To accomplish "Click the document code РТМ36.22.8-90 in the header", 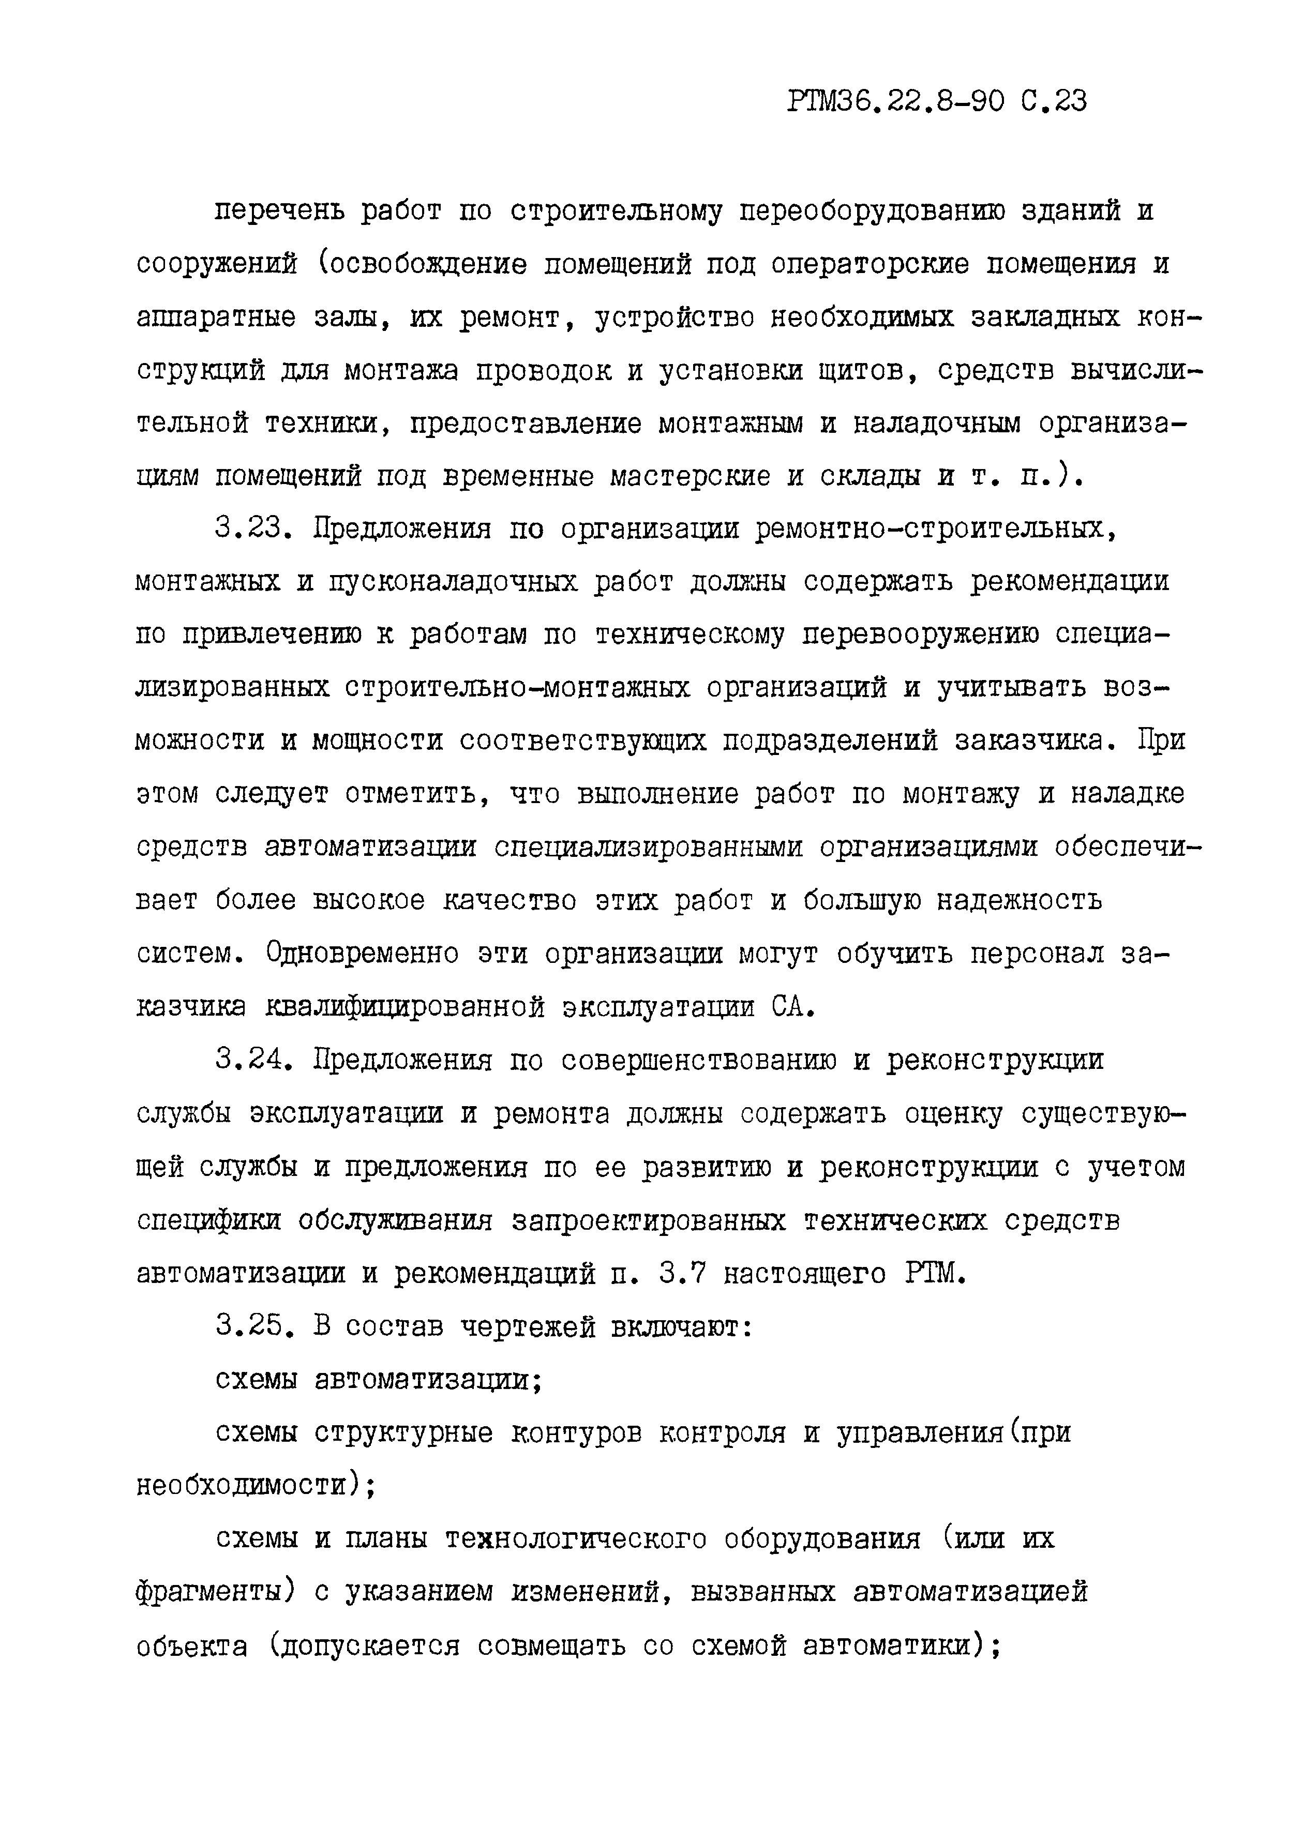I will pos(896,102).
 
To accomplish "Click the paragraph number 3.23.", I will pos(254,528).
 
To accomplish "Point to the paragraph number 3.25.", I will pos(254,1326).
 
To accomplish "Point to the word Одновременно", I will pos(362,953).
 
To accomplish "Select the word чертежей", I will pos(528,1326).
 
